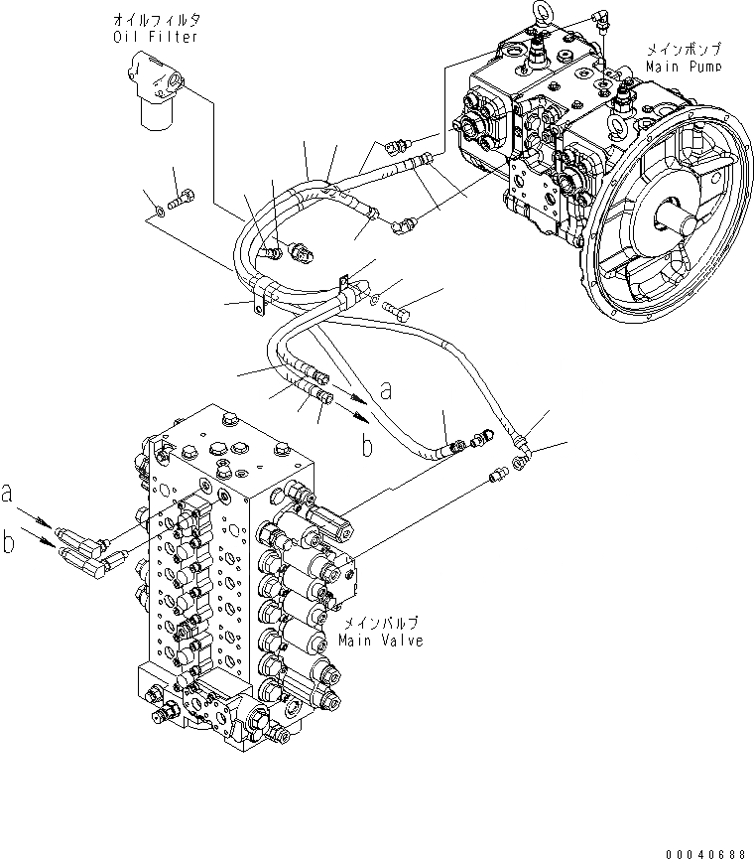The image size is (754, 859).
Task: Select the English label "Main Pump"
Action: click(x=684, y=66)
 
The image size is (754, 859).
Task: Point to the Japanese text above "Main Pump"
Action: click(x=684, y=50)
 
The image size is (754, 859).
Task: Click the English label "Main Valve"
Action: click(x=380, y=641)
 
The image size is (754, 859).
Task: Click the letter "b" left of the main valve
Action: click(x=8, y=541)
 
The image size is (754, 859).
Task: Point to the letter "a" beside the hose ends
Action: click(x=387, y=391)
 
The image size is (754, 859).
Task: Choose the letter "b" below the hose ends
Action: click(x=366, y=447)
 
